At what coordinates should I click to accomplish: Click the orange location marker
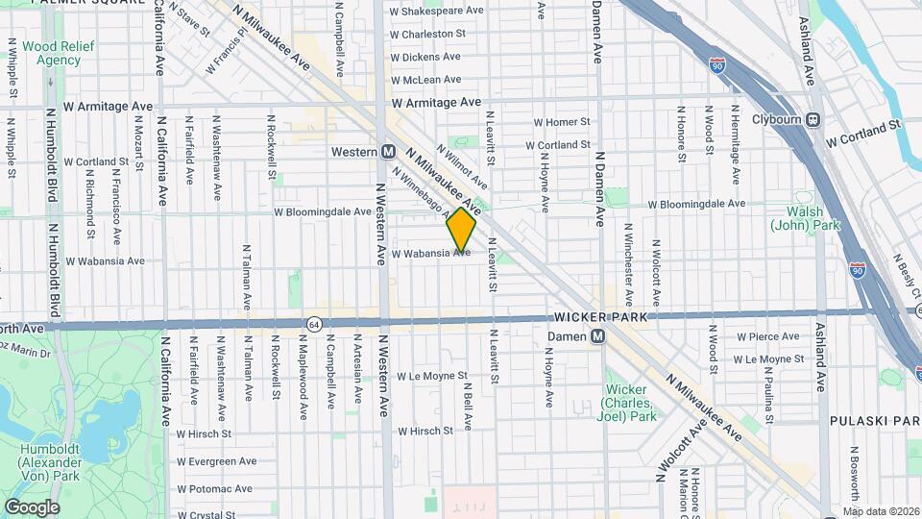[462, 231]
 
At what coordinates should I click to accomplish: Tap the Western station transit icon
[389, 152]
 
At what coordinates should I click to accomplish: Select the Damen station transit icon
[596, 336]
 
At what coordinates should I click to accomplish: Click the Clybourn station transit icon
[813, 119]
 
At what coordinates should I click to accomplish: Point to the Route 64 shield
[314, 325]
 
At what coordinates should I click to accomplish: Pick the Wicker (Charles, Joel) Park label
[629, 403]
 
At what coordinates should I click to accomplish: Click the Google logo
[32, 507]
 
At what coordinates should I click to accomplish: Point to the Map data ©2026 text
[880, 511]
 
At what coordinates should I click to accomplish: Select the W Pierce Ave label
[767, 336]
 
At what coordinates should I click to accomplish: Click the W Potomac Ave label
[214, 488]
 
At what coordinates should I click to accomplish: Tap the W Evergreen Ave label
[217, 460]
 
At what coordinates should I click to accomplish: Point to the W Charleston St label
[427, 34]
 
